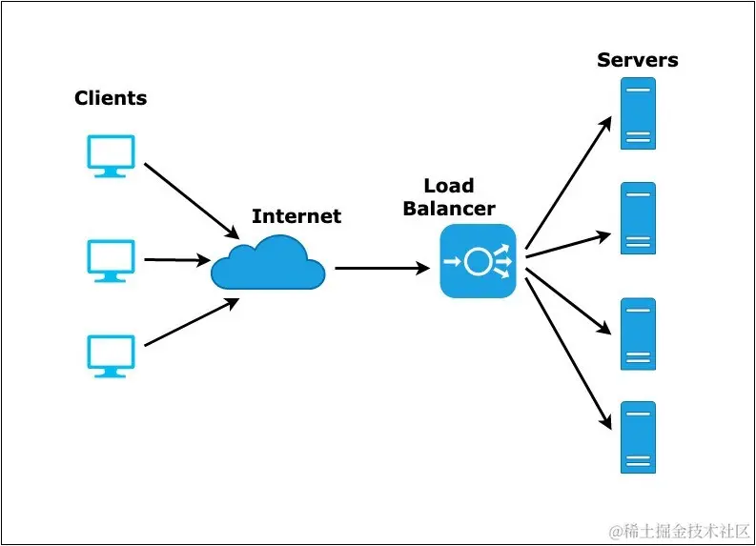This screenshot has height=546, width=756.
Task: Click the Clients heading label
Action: (x=111, y=98)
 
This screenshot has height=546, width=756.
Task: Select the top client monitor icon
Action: (x=111, y=155)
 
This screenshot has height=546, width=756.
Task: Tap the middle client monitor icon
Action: (x=111, y=259)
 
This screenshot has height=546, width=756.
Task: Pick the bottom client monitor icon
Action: (x=111, y=354)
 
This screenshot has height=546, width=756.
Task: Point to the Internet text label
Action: (x=296, y=216)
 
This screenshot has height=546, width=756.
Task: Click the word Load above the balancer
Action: (x=449, y=186)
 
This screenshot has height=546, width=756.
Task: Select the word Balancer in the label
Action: (x=449, y=208)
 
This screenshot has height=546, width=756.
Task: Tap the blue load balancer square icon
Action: (x=478, y=262)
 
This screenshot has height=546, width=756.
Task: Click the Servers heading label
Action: (x=637, y=60)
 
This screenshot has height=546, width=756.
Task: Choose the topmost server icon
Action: (x=638, y=113)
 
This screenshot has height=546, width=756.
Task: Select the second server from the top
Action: (x=638, y=218)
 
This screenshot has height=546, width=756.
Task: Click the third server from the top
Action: (x=638, y=334)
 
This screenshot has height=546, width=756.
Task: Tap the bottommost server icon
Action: (x=638, y=437)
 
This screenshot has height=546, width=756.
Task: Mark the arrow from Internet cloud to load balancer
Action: (x=381, y=269)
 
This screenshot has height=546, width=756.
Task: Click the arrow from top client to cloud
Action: (x=191, y=201)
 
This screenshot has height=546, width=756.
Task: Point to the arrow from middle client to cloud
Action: (x=177, y=259)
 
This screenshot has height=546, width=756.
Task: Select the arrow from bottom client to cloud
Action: (x=191, y=322)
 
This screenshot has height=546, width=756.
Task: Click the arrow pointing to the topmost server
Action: (x=568, y=181)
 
